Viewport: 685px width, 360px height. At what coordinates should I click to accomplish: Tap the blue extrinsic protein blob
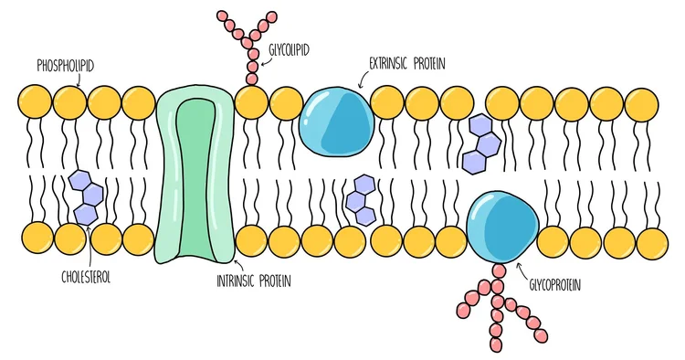[335, 122]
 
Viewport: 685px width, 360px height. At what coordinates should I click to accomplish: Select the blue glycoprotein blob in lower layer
[501, 225]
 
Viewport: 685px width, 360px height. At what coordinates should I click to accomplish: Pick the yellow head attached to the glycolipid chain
[251, 101]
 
